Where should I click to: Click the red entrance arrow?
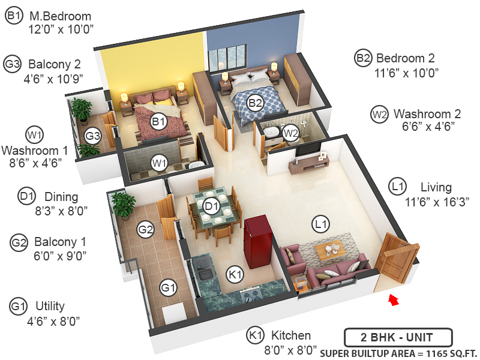(x=394, y=299)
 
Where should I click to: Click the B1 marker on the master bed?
(x=158, y=122)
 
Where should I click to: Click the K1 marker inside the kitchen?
(x=235, y=274)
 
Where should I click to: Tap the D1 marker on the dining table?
(x=211, y=207)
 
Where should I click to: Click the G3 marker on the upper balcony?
(x=92, y=136)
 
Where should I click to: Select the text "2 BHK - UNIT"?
(x=398, y=337)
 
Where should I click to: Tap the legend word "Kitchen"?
(x=291, y=335)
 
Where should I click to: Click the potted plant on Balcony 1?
(x=124, y=205)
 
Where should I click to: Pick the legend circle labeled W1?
(x=34, y=134)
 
